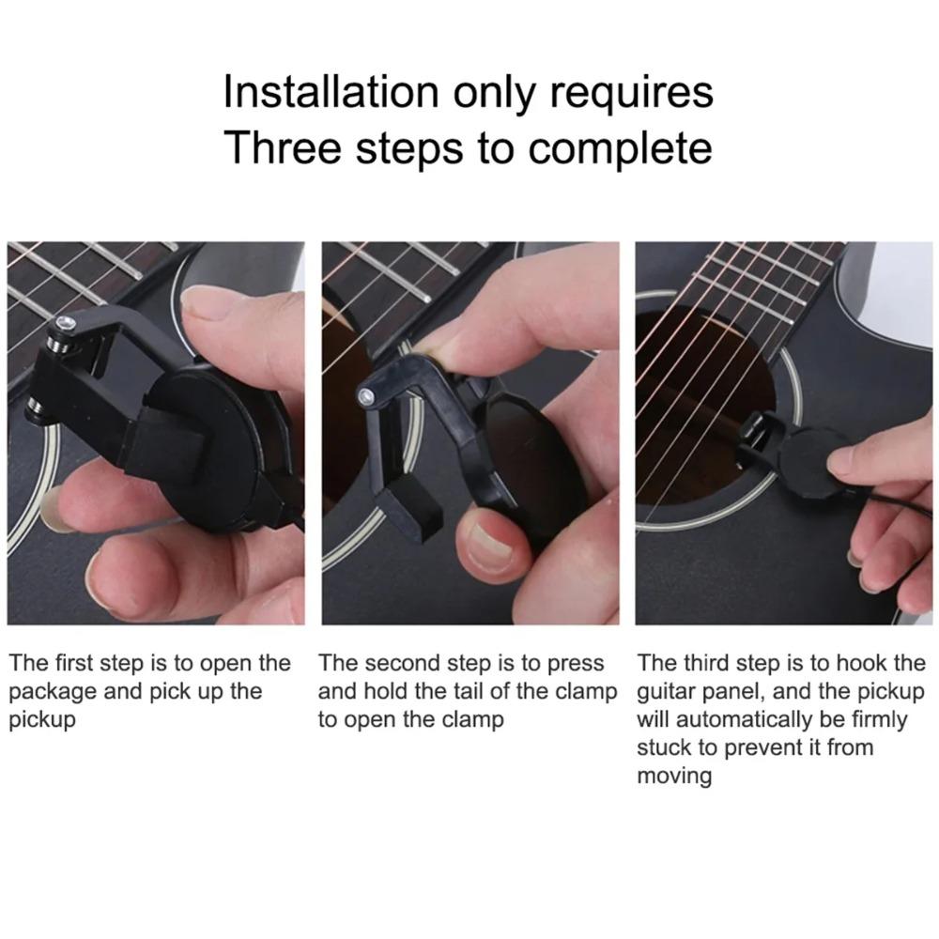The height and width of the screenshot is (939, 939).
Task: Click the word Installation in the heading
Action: (x=331, y=92)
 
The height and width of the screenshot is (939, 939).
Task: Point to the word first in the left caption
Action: (x=71, y=663)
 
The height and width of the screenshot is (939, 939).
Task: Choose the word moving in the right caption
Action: (x=674, y=777)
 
